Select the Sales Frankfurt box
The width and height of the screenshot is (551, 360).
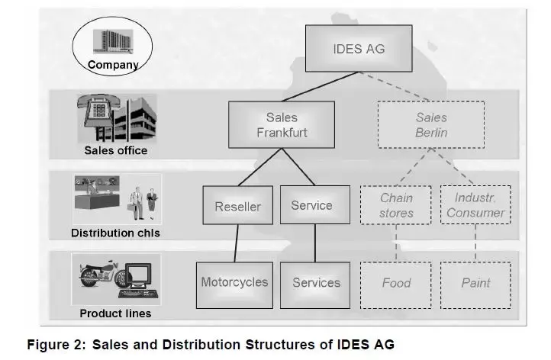point(282,125)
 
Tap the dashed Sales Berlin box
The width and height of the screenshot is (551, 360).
point(431,125)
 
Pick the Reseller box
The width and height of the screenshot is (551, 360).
point(237,206)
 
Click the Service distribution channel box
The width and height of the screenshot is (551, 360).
point(311,205)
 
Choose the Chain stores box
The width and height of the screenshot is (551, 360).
point(396,205)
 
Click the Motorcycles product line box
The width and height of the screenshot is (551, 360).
point(234,282)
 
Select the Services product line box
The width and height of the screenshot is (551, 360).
point(315,282)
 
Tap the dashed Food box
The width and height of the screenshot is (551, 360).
point(396,282)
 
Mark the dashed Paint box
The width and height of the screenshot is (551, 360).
point(475,282)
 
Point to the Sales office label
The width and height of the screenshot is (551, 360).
point(115,150)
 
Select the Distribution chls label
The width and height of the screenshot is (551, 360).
point(115,233)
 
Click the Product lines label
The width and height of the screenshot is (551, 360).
point(115,313)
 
